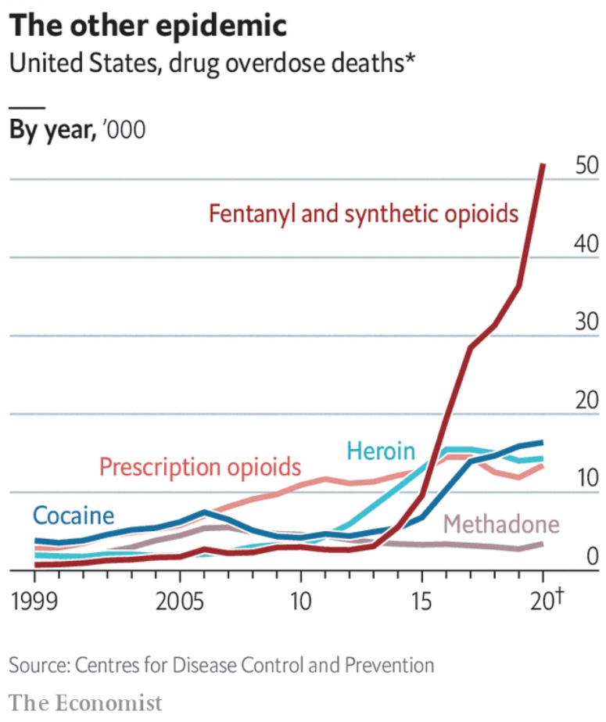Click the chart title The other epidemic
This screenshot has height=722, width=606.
(148, 25)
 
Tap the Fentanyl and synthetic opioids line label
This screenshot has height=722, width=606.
(364, 214)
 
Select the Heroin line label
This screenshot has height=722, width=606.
(380, 451)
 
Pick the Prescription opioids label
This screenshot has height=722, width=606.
(199, 467)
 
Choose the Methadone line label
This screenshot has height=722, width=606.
(501, 524)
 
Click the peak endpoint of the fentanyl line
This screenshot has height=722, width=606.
(543, 165)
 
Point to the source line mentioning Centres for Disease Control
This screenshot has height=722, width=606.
(221, 666)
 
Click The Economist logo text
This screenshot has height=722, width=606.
(86, 702)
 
